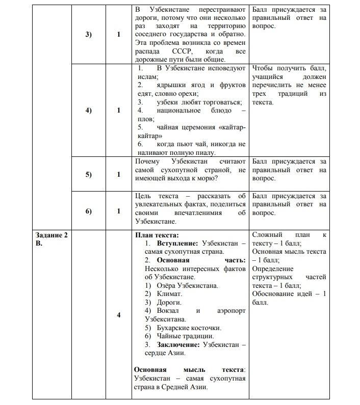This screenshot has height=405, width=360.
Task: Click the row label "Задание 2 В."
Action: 51,239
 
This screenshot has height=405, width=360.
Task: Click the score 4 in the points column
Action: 119,315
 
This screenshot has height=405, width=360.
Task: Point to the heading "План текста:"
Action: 157,235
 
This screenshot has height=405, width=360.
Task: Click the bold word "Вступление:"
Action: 177,244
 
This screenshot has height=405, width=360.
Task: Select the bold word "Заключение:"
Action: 178,344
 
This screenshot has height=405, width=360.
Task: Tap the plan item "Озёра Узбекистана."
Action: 187,285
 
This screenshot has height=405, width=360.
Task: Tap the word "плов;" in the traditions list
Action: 144,119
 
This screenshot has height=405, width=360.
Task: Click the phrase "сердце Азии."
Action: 165,353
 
